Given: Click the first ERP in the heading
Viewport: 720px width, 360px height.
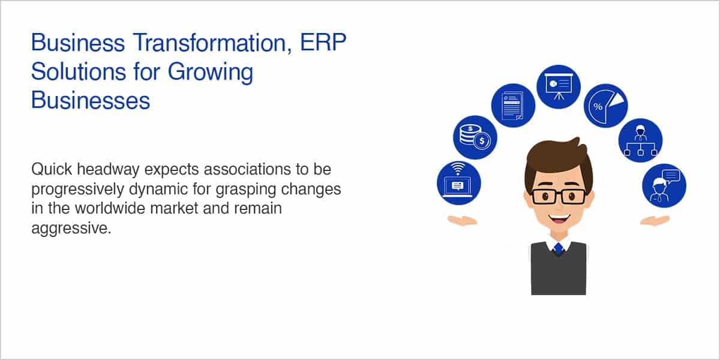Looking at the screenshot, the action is pyautogui.click(x=323, y=42).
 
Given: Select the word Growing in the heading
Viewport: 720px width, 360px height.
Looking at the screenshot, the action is pyautogui.click(x=211, y=73).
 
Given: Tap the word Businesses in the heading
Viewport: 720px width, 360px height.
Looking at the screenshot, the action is pyautogui.click(x=91, y=100).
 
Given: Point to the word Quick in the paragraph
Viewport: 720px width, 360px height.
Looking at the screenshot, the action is pyautogui.click(x=52, y=169).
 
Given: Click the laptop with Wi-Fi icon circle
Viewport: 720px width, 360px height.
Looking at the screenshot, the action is pyautogui.click(x=459, y=183).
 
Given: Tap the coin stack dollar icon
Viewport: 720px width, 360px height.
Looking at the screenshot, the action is pyautogui.click(x=475, y=137).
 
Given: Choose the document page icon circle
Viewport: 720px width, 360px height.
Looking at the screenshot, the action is pyautogui.click(x=513, y=106).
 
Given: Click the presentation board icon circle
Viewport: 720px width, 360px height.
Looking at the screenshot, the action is pyautogui.click(x=559, y=87).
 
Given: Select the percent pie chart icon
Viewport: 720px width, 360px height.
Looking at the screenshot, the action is pyautogui.click(x=605, y=106).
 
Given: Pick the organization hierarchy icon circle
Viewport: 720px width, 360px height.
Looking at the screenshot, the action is pyautogui.click(x=641, y=140).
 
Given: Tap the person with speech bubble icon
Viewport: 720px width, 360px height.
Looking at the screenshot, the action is pyautogui.click(x=664, y=186).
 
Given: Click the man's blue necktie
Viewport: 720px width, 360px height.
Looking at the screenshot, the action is pyautogui.click(x=559, y=248).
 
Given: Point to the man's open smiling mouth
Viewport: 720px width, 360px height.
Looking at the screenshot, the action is pyautogui.click(x=559, y=219).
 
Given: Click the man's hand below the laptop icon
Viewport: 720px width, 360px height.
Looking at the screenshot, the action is pyautogui.click(x=462, y=221).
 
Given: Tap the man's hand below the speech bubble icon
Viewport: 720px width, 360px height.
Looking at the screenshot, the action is pyautogui.click(x=655, y=221).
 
